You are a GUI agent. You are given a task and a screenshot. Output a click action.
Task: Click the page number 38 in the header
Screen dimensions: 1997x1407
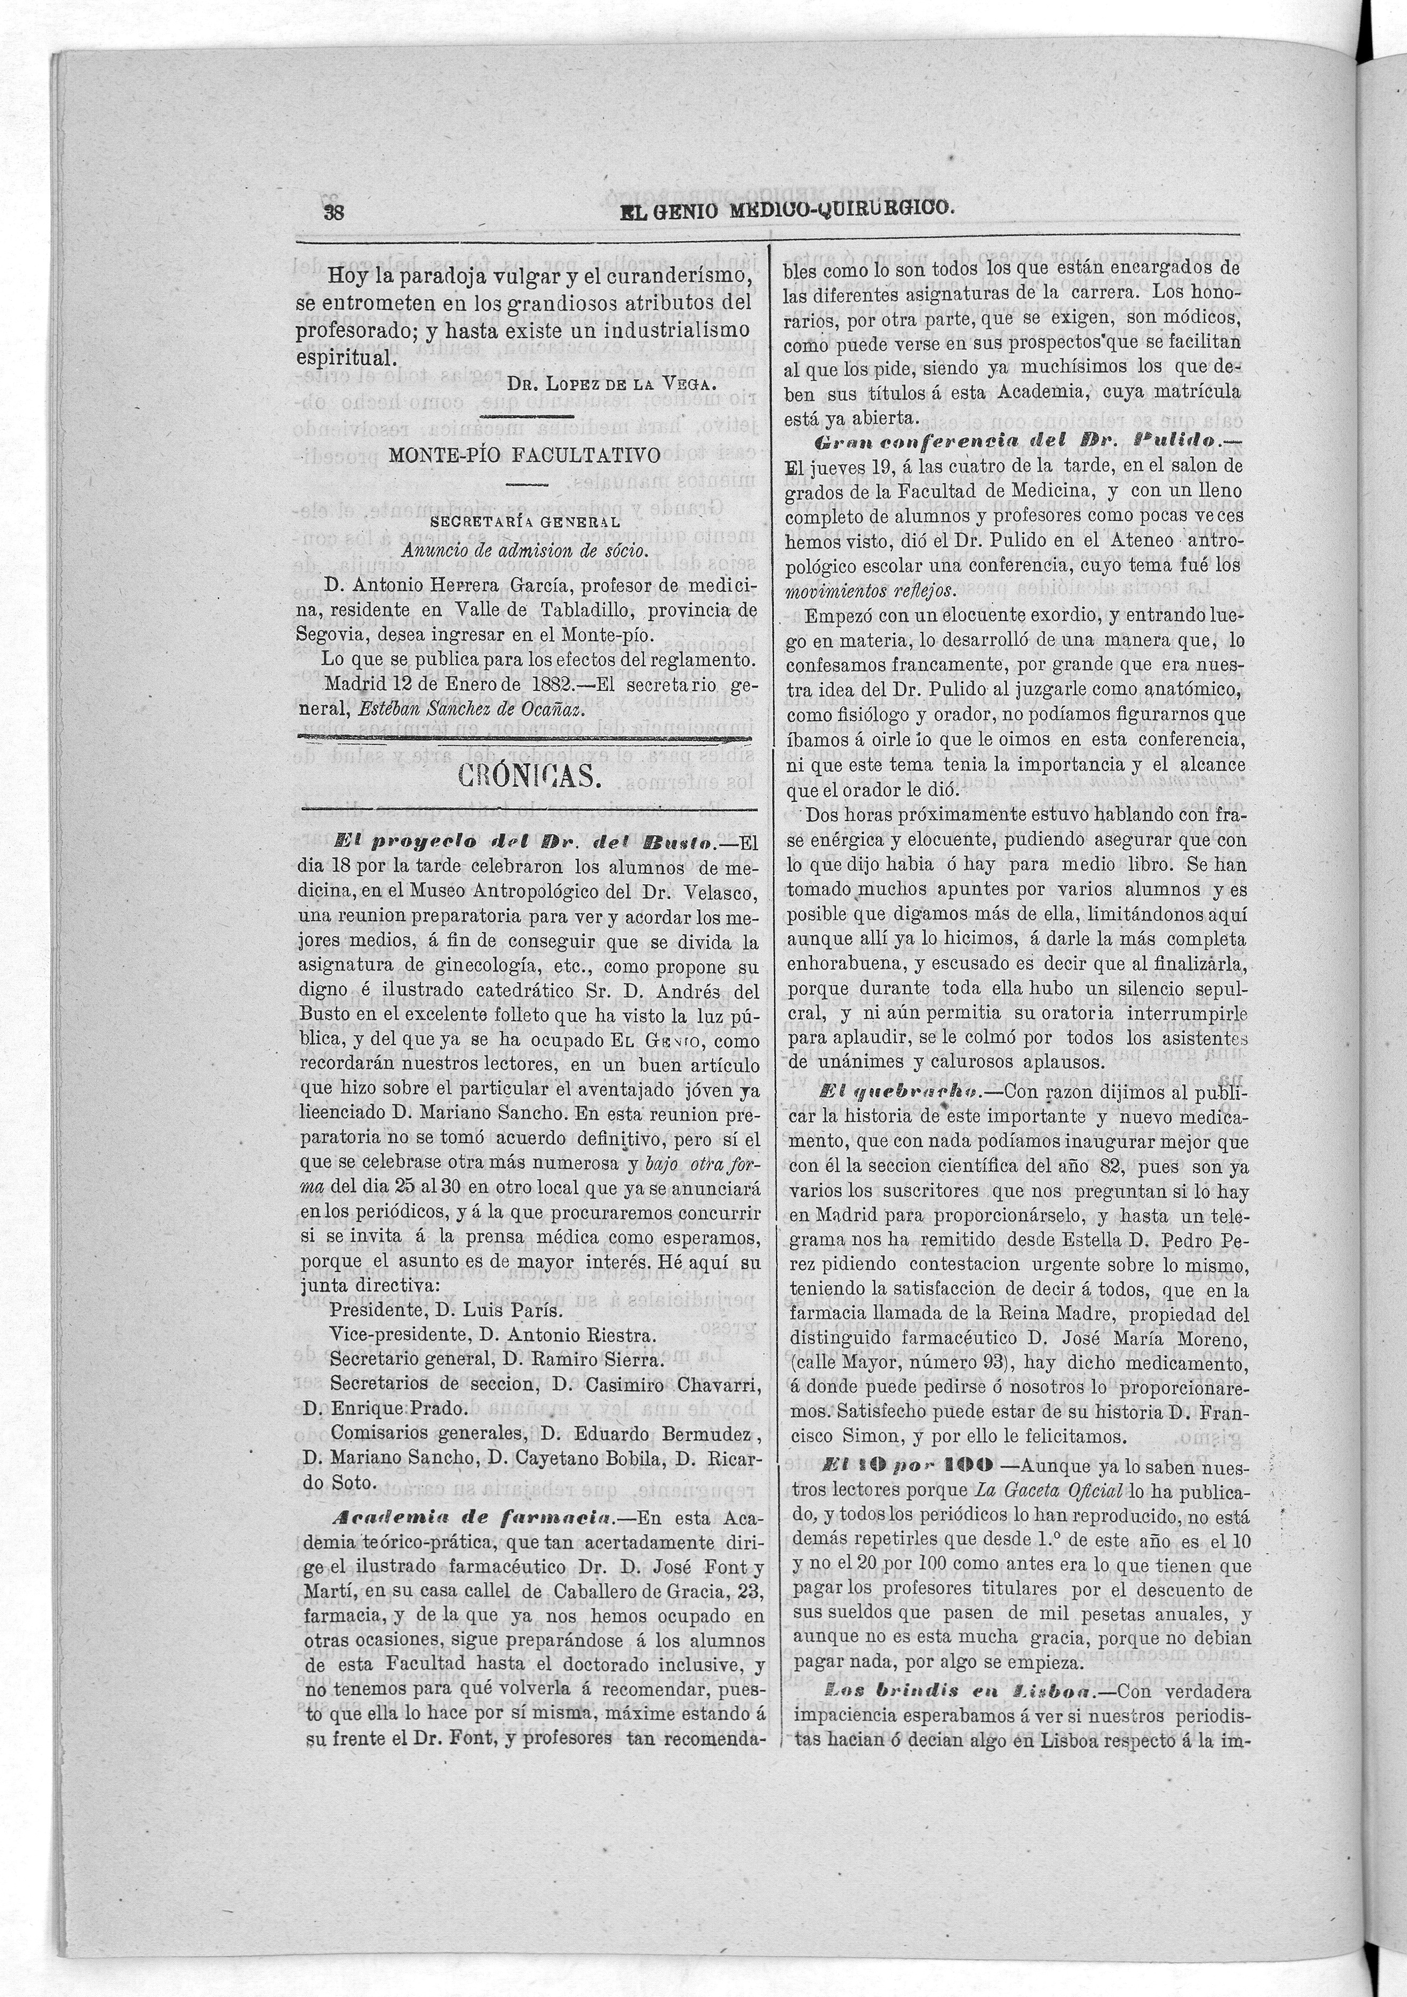[335, 212]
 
